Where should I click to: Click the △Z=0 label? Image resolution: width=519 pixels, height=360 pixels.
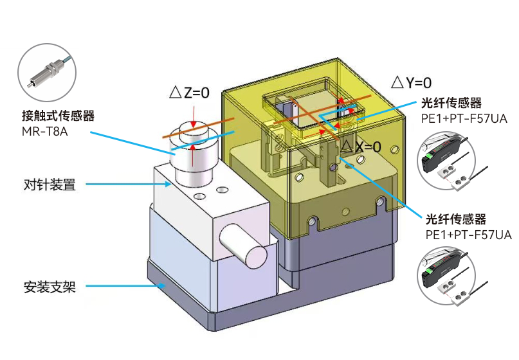189,93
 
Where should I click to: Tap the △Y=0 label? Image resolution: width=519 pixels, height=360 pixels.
412,82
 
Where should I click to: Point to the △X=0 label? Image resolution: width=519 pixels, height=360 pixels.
361,147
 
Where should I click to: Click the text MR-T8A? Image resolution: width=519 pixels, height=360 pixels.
44,131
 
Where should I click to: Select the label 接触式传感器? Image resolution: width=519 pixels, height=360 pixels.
59,116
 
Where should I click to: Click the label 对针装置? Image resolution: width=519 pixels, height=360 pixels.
50,184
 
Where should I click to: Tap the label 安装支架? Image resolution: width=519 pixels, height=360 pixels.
50,287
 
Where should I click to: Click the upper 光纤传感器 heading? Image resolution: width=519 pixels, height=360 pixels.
451,103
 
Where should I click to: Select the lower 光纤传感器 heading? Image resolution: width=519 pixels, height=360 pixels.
456,219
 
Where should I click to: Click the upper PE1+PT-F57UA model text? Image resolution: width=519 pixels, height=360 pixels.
464,118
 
